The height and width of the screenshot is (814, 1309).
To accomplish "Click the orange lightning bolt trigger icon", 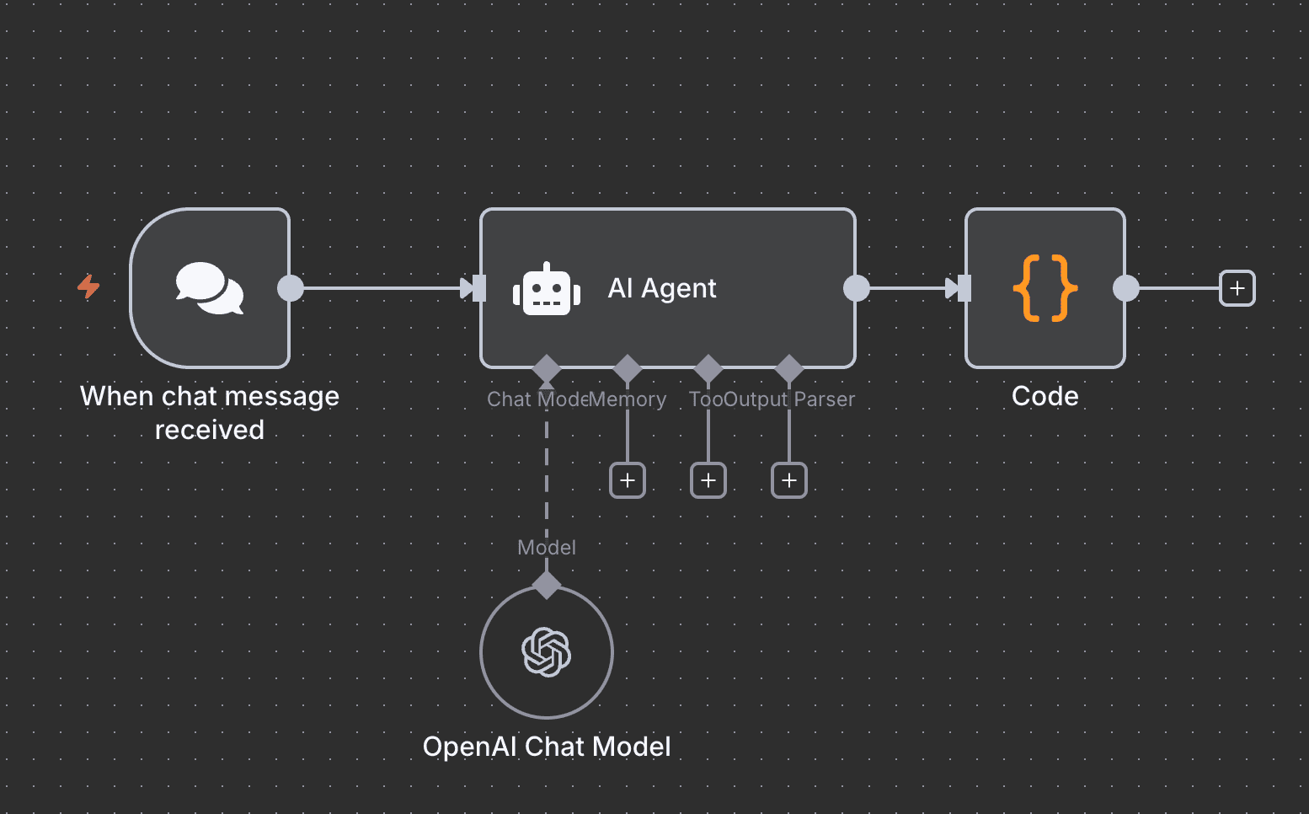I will [88, 287].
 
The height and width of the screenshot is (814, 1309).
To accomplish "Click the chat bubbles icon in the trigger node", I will [210, 288].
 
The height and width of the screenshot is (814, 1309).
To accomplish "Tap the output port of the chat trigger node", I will [291, 288].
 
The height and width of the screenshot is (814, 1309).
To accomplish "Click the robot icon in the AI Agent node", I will [547, 290].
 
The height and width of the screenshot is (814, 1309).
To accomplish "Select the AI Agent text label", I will [662, 288].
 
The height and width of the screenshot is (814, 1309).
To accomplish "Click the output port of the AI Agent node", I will [856, 288].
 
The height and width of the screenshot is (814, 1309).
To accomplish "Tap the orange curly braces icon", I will [1045, 288].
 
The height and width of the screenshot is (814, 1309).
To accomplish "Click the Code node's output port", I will [1125, 288].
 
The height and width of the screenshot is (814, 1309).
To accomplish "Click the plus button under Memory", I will [628, 480].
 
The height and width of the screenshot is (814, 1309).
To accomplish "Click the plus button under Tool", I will [708, 480].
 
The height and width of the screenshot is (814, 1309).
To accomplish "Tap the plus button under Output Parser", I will [789, 480].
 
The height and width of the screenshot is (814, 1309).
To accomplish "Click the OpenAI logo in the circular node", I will [547, 652].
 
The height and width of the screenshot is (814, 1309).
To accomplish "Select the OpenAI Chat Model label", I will [547, 747].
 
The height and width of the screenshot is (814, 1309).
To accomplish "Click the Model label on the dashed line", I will [547, 548].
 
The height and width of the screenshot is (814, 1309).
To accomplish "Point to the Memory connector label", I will [628, 399].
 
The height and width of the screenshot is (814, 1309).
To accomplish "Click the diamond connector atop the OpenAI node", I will [547, 585].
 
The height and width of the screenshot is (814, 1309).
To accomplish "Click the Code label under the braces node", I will [1045, 396].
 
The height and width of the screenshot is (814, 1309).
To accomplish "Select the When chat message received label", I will [210, 413].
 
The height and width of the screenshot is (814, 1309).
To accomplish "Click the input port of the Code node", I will [964, 288].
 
